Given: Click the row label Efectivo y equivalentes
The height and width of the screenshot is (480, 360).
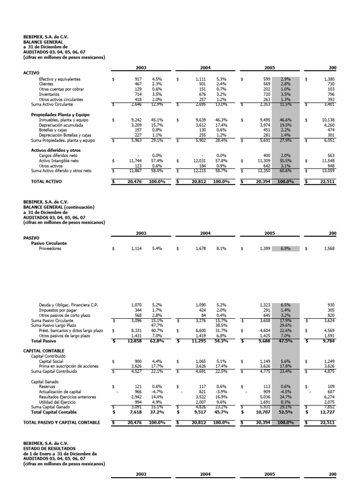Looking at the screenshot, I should tap(60, 79).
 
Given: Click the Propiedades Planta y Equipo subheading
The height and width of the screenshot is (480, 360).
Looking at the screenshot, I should tap(60, 114).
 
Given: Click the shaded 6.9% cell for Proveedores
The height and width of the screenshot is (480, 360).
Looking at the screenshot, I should tap(285, 248).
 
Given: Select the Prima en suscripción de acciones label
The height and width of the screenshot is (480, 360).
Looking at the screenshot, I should tap(68, 365).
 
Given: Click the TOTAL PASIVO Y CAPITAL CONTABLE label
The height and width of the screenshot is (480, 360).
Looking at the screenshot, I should tap(61, 422).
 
